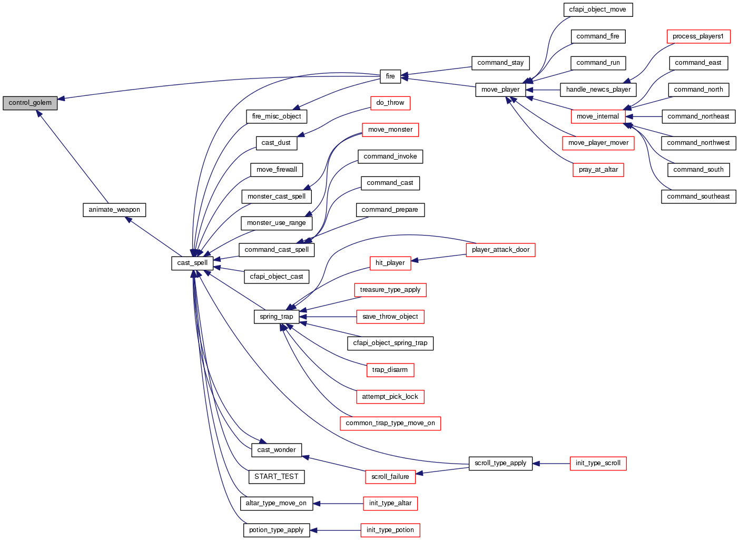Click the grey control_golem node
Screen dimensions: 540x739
coord(30,103)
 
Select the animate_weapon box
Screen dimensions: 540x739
coord(114,210)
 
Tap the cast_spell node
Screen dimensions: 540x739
coord(192,263)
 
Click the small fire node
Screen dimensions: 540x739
coord(390,76)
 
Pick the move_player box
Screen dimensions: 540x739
coord(500,90)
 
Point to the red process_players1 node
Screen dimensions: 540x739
coord(698,36)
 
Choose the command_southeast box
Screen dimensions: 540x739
coord(698,197)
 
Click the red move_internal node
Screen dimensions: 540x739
coord(597,116)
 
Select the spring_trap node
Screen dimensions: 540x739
coord(277,317)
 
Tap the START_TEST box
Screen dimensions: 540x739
coord(277,477)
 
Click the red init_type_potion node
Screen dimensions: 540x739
coord(390,530)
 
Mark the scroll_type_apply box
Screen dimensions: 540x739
coord(500,463)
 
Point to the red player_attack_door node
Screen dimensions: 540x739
coord(500,250)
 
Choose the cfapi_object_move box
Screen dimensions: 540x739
coord(597,9)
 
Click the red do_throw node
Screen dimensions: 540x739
coord(390,103)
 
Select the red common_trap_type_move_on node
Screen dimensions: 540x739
coord(390,423)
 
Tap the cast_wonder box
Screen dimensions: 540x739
coord(277,450)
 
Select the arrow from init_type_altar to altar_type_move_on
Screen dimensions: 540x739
coord(338,504)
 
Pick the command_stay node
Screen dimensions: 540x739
coord(500,63)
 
